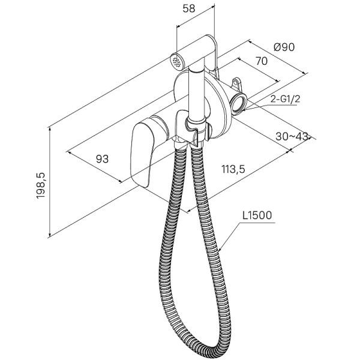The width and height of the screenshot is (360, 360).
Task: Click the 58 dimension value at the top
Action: [x=189, y=9]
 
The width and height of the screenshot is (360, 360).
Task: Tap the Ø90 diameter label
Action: [x=284, y=47]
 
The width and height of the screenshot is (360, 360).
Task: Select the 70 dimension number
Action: [x=262, y=61]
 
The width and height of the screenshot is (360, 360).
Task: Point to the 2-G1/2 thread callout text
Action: [x=285, y=100]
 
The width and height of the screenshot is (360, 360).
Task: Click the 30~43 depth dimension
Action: [x=292, y=136]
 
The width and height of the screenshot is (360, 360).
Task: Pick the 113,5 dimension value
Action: [x=233, y=169]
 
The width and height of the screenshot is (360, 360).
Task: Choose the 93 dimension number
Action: [x=102, y=158]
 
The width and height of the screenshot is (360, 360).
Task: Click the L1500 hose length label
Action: [x=257, y=215]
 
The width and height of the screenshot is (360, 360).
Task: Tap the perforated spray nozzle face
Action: [x=177, y=61]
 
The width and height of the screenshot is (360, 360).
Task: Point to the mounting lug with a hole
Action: [x=236, y=83]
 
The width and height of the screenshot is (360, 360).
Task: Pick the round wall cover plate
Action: [x=202, y=106]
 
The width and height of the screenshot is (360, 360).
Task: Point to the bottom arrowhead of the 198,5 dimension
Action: [x=50, y=235]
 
